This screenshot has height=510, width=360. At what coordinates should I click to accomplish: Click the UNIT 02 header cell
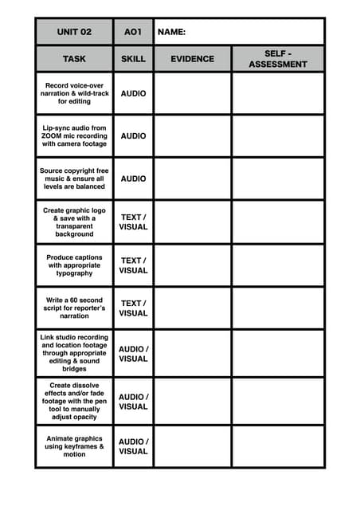click(74, 32)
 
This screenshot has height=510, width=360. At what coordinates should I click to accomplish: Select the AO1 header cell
click(133, 32)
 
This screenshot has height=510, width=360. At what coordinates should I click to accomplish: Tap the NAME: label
click(171, 32)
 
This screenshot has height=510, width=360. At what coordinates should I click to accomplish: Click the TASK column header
click(74, 59)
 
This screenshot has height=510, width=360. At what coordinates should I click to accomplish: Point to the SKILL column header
click(133, 59)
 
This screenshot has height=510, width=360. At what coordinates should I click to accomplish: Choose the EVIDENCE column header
click(192, 59)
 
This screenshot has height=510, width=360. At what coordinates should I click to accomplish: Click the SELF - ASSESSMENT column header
click(277, 59)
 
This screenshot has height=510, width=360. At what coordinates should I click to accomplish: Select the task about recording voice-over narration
click(74, 93)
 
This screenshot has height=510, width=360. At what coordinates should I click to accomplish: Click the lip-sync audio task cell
click(74, 135)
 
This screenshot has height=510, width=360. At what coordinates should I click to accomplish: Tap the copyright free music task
click(74, 178)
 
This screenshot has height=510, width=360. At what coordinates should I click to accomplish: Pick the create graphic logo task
click(74, 222)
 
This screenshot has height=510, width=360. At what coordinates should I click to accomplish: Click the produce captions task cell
click(74, 265)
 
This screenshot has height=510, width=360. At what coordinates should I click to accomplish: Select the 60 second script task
click(74, 308)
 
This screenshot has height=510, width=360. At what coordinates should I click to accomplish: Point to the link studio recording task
click(74, 353)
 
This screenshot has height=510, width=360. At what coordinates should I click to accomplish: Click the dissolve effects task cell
click(74, 400)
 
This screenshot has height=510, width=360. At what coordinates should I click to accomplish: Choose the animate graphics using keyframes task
click(74, 446)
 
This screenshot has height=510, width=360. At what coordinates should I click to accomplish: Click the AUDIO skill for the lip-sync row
click(133, 135)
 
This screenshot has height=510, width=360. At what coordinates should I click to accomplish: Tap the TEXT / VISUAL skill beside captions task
click(133, 265)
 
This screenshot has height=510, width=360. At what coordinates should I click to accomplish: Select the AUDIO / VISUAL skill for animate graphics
click(133, 446)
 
